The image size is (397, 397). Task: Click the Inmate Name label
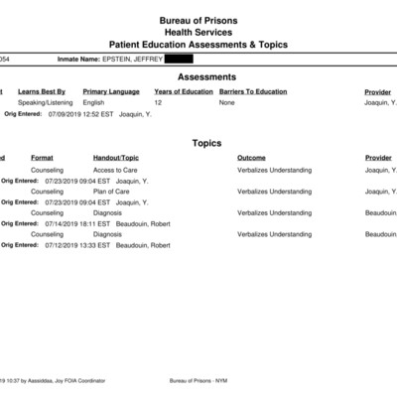83,59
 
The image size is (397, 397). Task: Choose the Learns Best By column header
48,92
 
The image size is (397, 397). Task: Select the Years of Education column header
183,92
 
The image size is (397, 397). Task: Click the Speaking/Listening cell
59,102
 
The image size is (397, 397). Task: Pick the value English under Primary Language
94,102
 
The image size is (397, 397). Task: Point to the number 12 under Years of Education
158,102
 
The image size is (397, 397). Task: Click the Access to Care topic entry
116,170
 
